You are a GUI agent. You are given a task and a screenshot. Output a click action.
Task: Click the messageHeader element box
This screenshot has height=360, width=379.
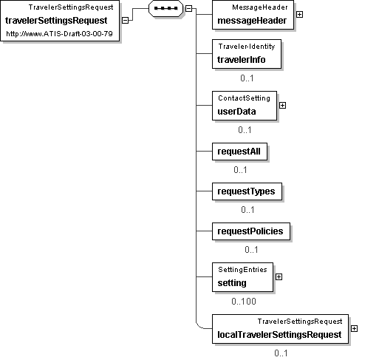pyautogui.click(x=253, y=15)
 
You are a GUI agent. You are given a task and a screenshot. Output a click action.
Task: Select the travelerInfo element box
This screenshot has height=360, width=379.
pyautogui.click(x=247, y=54)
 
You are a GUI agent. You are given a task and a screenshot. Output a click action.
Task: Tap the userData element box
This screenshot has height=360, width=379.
pyautogui.click(x=245, y=106)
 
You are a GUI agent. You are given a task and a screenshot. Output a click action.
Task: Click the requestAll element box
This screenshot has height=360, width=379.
pyautogui.click(x=239, y=152)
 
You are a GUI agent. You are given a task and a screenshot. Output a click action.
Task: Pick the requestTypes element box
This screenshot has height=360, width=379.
pyautogui.click(x=247, y=191)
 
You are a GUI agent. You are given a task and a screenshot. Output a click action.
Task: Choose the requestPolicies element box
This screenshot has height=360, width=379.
pyautogui.click(x=251, y=231)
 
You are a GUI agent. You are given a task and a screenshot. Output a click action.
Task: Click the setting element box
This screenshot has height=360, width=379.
pyautogui.click(x=242, y=277)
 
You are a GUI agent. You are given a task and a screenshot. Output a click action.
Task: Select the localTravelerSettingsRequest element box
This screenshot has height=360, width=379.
pyautogui.click(x=280, y=329)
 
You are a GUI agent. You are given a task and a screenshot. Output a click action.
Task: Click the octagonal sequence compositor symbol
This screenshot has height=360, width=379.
pyautogui.click(x=166, y=8)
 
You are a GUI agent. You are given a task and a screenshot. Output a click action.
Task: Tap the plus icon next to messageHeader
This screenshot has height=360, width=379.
pyautogui.click(x=299, y=15)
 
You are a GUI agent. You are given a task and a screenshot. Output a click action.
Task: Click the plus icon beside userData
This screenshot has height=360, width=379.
pyautogui.click(x=282, y=106)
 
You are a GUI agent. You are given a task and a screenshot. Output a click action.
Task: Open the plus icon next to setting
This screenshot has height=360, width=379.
pyautogui.click(x=279, y=277)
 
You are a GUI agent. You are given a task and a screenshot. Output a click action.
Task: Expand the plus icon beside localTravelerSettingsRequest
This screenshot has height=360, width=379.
pyautogui.click(x=354, y=329)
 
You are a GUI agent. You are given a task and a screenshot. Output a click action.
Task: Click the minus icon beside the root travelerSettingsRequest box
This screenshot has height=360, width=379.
pyautogui.click(x=125, y=21)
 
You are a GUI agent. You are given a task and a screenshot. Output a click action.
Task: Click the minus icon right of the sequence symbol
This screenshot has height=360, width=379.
pyautogui.click(x=188, y=9)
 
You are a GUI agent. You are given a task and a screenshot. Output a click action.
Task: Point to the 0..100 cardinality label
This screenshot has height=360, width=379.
pyautogui.click(x=244, y=302)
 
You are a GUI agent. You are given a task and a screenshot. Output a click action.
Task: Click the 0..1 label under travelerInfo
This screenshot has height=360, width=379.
pyautogui.click(x=247, y=78)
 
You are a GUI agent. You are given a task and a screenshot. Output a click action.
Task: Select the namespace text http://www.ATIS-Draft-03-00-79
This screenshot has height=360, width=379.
pyautogui.click(x=59, y=34)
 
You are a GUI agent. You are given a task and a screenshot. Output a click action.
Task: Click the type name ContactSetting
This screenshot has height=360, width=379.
pyautogui.click(x=244, y=98)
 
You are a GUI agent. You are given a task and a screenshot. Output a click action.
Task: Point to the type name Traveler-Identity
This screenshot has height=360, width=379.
pyautogui.click(x=247, y=47)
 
